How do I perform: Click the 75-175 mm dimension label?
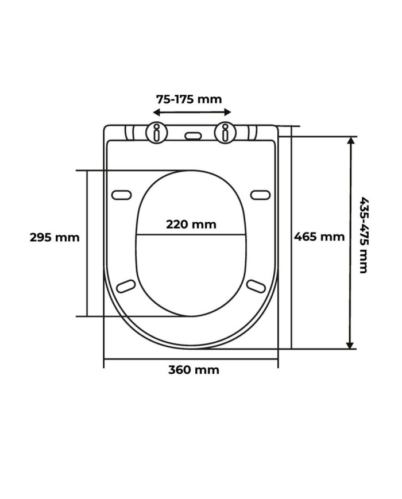(189, 99)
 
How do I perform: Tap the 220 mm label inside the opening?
(191, 225)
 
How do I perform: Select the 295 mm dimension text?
(55, 237)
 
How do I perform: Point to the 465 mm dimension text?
(319, 237)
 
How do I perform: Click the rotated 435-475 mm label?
(364, 235)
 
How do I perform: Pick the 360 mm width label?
(194, 370)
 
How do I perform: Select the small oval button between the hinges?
(193, 136)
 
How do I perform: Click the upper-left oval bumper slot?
(122, 195)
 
